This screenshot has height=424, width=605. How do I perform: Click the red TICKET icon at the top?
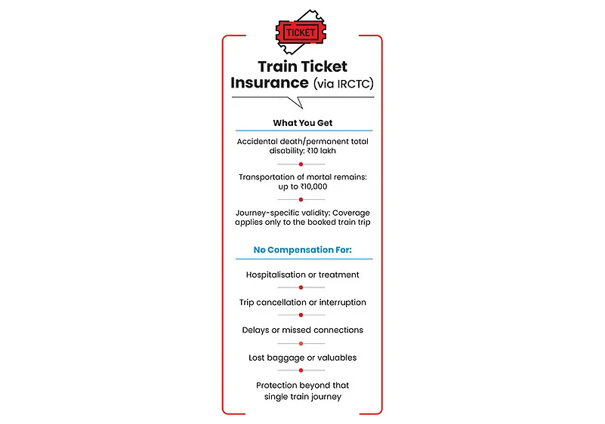click(x=301, y=32)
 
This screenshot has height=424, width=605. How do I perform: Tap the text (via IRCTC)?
click(x=339, y=84)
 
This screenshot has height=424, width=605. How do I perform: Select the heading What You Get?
click(x=302, y=122)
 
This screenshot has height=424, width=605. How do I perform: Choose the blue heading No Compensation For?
click(x=302, y=249)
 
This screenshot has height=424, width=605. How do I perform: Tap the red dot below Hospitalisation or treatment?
click(x=301, y=287)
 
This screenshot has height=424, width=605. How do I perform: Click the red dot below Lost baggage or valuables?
click(x=301, y=370)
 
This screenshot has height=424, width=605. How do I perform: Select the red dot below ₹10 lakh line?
click(x=301, y=164)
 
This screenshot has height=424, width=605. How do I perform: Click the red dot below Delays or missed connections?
click(x=301, y=343)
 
